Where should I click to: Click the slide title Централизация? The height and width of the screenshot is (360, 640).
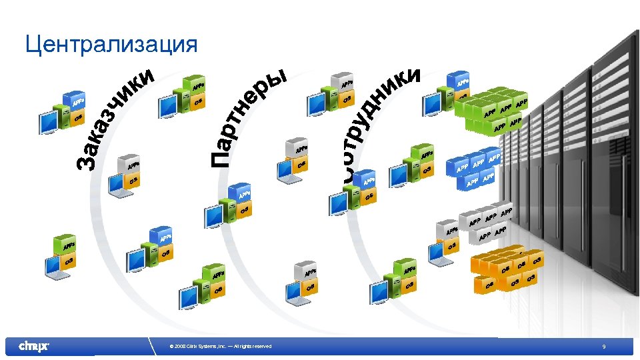pos(111,45)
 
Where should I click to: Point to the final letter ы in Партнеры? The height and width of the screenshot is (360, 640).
pos(279,78)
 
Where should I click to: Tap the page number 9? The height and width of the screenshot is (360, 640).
pos(603,347)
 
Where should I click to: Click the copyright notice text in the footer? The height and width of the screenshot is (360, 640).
pos(221,347)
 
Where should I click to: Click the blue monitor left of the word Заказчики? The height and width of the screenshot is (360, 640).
pos(49,122)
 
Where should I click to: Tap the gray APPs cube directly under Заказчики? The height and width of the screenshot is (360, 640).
pos(131,163)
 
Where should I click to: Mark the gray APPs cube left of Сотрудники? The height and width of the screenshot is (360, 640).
pos(344,83)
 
